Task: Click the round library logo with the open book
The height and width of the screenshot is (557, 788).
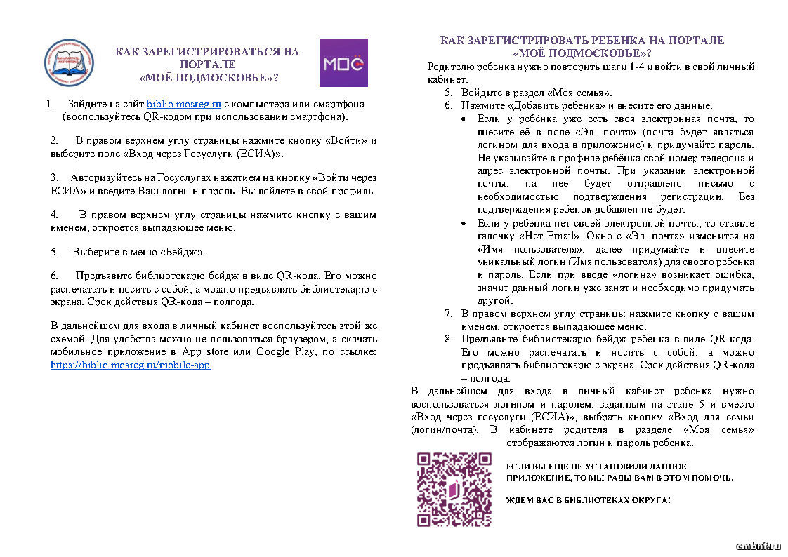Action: (x=69, y=64)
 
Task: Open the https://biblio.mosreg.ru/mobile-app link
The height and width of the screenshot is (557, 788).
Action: (x=130, y=365)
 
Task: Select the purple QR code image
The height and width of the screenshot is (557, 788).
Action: (x=454, y=489)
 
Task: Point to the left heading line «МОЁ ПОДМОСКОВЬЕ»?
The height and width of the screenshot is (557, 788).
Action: (x=207, y=77)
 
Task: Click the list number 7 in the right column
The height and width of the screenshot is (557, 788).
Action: (x=449, y=314)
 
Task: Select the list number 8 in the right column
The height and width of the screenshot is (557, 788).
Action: (x=449, y=340)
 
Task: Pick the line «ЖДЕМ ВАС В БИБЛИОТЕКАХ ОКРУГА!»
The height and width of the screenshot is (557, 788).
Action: (x=588, y=501)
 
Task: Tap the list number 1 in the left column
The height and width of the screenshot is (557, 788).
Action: (x=50, y=104)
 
